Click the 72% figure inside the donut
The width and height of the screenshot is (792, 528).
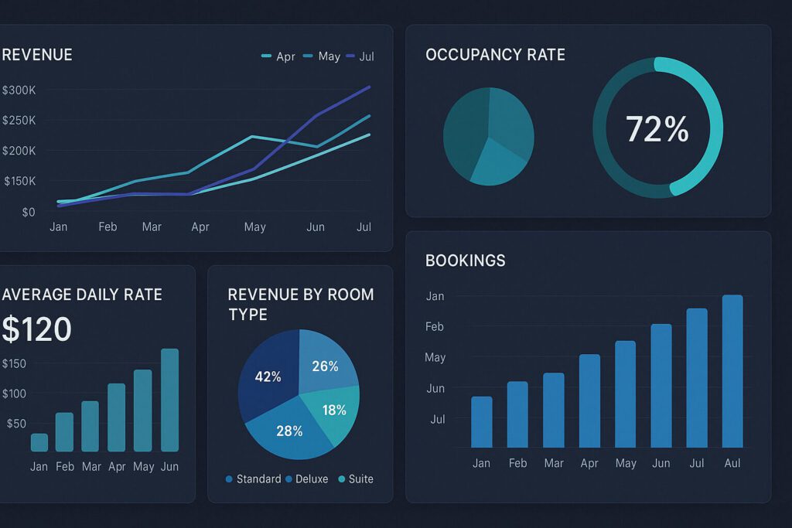coord(657,129)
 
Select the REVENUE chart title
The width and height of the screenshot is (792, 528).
coord(36,55)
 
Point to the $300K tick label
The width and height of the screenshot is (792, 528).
coord(19,90)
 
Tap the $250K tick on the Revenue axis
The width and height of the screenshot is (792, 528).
coord(19,121)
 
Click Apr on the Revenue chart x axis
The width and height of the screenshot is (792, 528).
coord(200,227)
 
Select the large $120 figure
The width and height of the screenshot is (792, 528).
coord(36,330)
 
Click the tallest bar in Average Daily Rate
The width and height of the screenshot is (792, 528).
coord(169,400)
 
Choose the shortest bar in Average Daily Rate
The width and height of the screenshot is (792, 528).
coord(39,442)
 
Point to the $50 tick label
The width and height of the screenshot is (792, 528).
coord(16,424)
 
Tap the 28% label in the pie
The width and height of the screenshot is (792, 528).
coord(289,431)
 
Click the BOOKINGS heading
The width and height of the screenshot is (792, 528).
coord(465,261)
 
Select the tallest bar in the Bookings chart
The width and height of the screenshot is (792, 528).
coord(732,371)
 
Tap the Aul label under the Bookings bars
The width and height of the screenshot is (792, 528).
coord(732,463)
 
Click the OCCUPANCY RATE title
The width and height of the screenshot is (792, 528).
coord(495,55)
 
